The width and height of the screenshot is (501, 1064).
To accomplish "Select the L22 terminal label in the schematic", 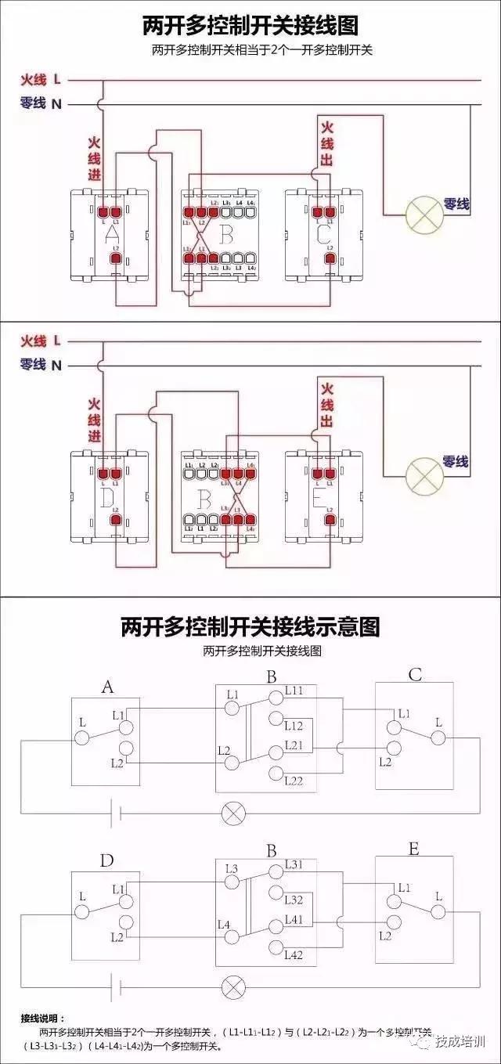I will coord(294,780).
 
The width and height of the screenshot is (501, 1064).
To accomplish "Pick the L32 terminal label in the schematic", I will coord(294,900).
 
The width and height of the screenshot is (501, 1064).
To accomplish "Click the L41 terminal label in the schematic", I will coord(294,918).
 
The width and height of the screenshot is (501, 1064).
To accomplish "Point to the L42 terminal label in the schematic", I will coord(294,954).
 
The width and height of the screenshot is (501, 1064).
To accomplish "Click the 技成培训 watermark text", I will coord(461,1041).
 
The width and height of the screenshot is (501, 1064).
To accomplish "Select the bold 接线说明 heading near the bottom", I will coord(44,1019).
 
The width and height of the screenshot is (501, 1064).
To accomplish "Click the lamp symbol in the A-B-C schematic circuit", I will coord(232,813).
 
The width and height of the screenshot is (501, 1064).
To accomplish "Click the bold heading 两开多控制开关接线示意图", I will coord(250,626).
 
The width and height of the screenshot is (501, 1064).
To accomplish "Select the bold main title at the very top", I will coord(250,26).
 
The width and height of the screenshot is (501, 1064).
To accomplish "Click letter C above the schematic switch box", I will coord(415,675).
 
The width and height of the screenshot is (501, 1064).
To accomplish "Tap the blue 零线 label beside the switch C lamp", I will coord(456,204).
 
